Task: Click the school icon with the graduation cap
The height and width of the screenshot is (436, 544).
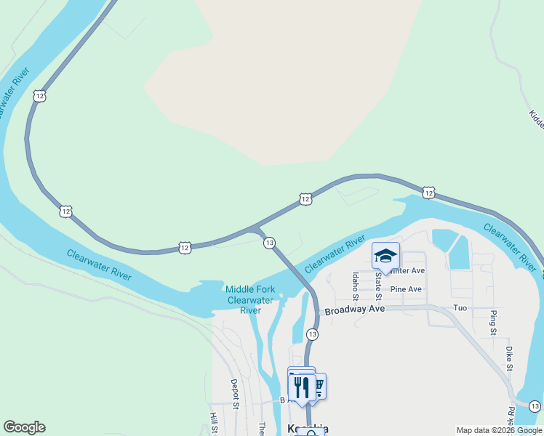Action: (x=385, y=256)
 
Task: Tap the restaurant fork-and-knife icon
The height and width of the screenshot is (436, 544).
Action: (x=302, y=387)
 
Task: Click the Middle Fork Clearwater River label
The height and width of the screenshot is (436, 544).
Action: (x=249, y=299)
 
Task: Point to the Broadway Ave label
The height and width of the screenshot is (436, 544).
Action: (x=354, y=310)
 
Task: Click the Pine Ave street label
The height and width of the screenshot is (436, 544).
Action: (x=406, y=289)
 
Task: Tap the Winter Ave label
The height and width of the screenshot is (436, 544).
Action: (x=407, y=270)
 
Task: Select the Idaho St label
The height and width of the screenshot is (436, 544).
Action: (x=355, y=286)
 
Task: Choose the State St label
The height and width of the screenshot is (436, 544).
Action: (x=378, y=285)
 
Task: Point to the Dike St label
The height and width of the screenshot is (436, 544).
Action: (x=509, y=358)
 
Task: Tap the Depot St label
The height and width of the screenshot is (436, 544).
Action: (x=234, y=392)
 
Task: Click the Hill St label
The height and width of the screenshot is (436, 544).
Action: (x=214, y=423)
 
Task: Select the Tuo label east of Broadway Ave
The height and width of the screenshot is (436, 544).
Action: (x=460, y=308)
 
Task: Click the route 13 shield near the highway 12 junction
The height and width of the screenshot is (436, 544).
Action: (x=269, y=242)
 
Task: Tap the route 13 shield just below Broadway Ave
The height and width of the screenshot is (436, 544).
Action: (x=312, y=334)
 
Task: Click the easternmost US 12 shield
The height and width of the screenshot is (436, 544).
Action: (x=429, y=193)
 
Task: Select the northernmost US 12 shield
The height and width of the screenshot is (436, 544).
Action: (x=39, y=95)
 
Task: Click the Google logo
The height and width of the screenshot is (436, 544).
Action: (x=24, y=427)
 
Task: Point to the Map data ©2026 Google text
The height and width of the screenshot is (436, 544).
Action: (x=499, y=430)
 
